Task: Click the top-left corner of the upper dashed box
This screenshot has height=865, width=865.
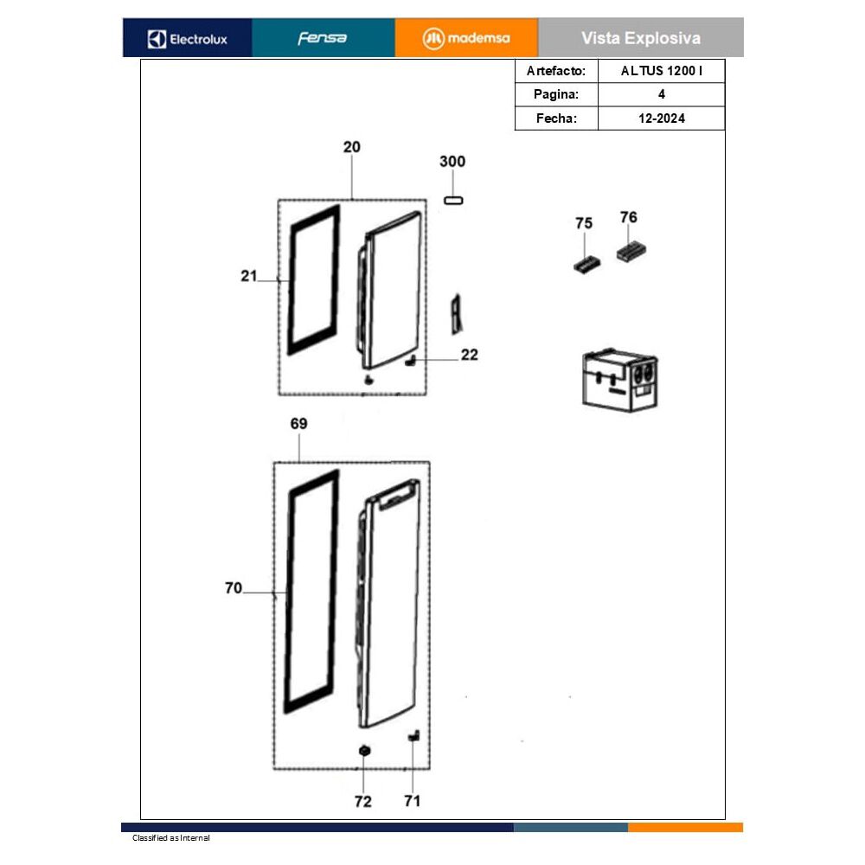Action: pos(279,200)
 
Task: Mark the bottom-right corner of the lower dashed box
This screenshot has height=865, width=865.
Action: pos(430,768)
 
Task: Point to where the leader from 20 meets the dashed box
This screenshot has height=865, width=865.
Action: pos(352,200)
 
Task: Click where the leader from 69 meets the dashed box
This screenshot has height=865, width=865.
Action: pos(299,462)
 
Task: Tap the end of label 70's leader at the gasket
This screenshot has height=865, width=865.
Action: pos(287,593)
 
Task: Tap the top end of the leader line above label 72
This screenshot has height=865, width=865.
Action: pos(363,756)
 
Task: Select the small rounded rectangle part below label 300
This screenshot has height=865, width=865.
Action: pos(453,201)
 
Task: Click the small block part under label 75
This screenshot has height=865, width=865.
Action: pos(586,265)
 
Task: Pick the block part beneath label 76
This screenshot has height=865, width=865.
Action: pos(631,252)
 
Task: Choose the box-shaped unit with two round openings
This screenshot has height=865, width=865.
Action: pos(619,380)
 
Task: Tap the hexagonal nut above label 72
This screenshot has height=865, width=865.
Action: pos(364,750)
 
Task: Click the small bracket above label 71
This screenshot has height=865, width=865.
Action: pos(413,736)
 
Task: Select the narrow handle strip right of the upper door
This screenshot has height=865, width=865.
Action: pos(456,314)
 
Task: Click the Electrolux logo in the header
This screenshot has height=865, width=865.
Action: pos(188,39)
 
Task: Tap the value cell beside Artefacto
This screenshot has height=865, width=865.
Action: pos(662,71)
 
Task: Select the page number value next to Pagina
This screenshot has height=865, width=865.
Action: pos(662,94)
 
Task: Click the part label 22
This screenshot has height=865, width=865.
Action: pos(470,355)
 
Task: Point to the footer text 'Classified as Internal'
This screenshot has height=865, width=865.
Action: pos(171,838)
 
